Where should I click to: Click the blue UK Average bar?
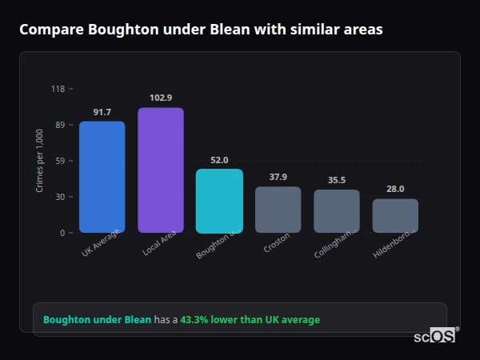[102, 177]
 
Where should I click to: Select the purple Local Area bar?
[161, 170]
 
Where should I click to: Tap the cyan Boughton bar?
[219, 201]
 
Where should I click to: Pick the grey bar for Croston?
[278, 210]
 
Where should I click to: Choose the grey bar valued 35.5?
[337, 211]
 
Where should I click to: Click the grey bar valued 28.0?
[395, 216]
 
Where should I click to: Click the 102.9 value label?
[161, 98]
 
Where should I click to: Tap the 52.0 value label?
[219, 160]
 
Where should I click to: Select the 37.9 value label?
[278, 177]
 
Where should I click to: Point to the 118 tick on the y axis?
[58, 89]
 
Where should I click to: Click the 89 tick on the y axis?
[59, 125]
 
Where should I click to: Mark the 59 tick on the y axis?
[59, 161]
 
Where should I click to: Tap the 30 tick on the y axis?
[59, 197]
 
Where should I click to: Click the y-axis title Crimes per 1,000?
[40, 161]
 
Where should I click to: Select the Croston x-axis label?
[276, 243]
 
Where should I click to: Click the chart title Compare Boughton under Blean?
[201, 30]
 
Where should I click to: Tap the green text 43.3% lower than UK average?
[250, 320]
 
